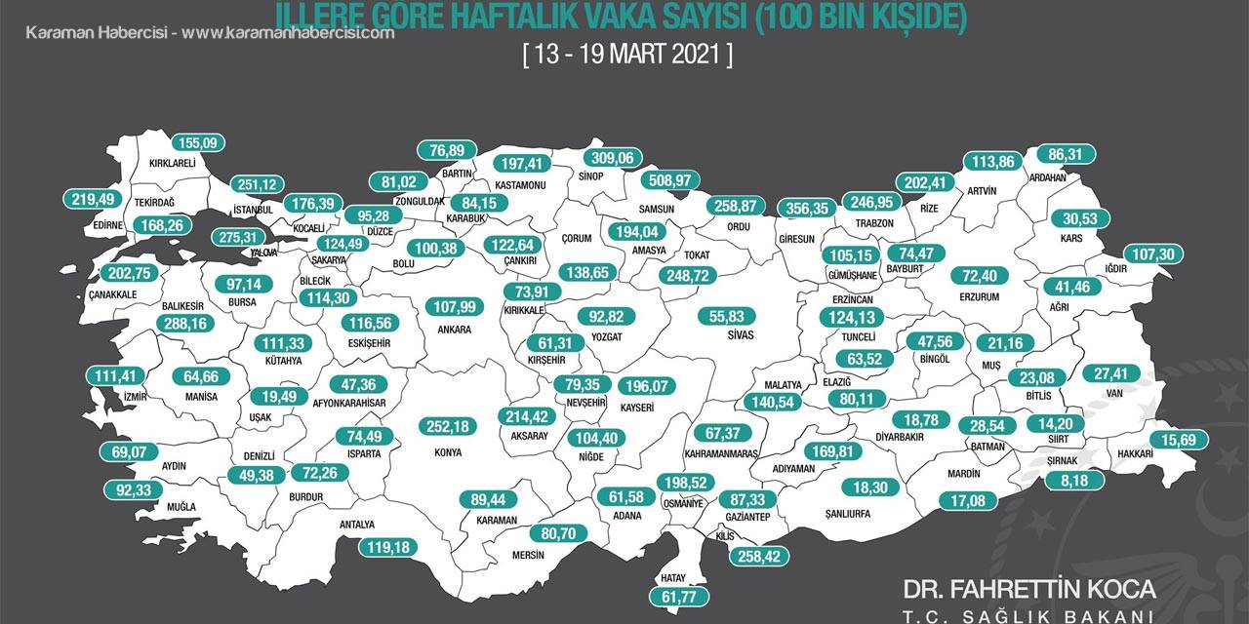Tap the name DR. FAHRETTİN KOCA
coord(1029,589)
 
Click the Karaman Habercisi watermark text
coord(210,32)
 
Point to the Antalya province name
coord(356,525)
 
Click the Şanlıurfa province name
coord(847,513)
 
